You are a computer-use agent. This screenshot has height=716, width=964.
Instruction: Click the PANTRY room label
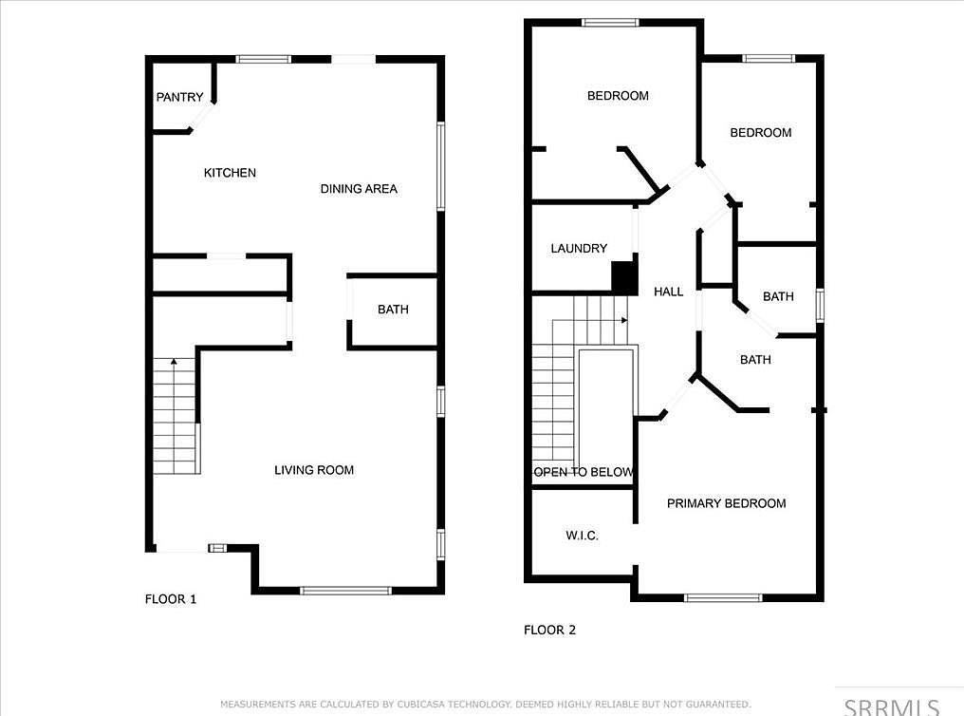[x=179, y=97]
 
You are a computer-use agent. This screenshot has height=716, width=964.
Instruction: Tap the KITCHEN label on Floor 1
[x=230, y=173]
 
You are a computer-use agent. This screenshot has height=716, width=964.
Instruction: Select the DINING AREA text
[x=359, y=189]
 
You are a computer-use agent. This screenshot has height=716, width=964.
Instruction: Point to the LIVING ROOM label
[x=314, y=470]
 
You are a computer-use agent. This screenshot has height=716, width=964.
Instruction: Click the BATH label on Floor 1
[x=393, y=310]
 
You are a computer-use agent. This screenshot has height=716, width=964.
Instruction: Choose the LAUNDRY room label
[x=579, y=249]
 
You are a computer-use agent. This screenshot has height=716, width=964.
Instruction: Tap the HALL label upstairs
[x=668, y=292]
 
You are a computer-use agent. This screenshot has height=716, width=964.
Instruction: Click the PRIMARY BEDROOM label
[x=726, y=503]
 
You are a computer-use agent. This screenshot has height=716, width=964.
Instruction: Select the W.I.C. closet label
[x=582, y=537]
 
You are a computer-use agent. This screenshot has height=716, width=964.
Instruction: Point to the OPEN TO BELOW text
[x=584, y=472]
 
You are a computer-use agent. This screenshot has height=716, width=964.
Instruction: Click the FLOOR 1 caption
[x=171, y=599]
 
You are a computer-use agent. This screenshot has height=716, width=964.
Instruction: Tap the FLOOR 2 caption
[x=550, y=630]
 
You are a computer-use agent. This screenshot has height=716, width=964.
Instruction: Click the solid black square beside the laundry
[x=623, y=276]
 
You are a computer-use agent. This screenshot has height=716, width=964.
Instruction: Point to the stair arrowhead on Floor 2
[x=624, y=321]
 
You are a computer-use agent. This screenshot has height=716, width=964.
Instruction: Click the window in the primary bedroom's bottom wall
[x=723, y=597]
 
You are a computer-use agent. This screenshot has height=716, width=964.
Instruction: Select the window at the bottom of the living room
[x=345, y=591]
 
